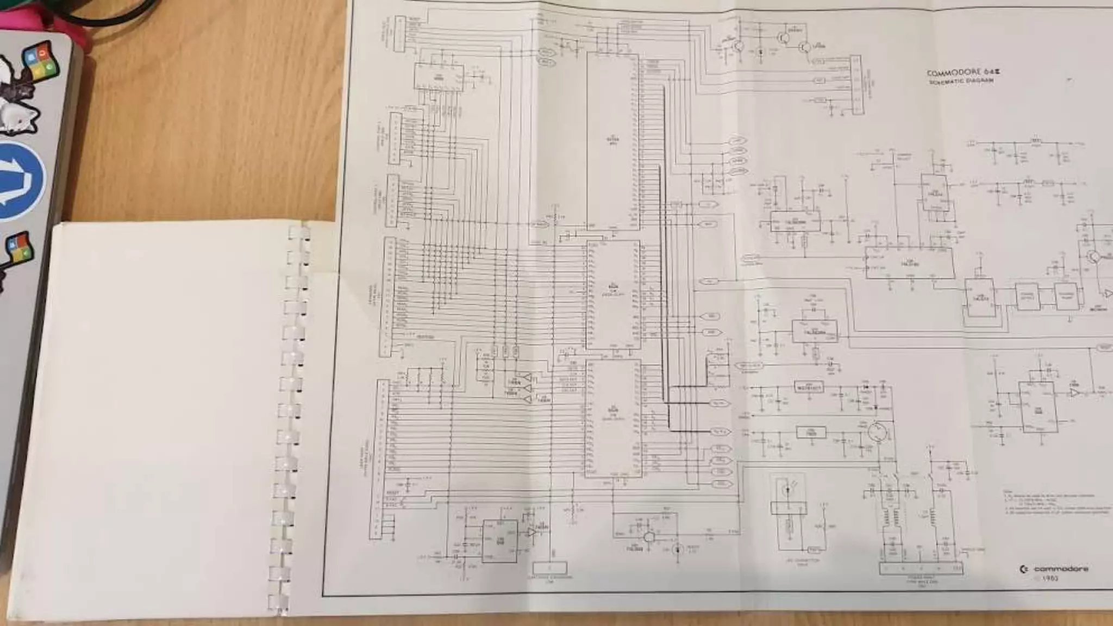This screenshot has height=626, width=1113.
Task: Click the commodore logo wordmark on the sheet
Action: (1055, 569)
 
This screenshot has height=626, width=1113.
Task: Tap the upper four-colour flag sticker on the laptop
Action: (40, 61)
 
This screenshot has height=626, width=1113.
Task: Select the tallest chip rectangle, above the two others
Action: (612, 141)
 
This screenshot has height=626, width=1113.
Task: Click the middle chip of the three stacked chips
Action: (612, 295)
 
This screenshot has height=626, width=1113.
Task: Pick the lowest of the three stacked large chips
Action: (612, 418)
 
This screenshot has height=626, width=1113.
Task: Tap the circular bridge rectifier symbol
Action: (877, 433)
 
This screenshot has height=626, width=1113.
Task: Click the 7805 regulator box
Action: (811, 433)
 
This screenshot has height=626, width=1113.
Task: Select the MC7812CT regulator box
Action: (808, 387)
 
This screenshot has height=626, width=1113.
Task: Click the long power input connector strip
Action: (921, 568)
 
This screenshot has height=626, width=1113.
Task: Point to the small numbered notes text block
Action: (1057, 503)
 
